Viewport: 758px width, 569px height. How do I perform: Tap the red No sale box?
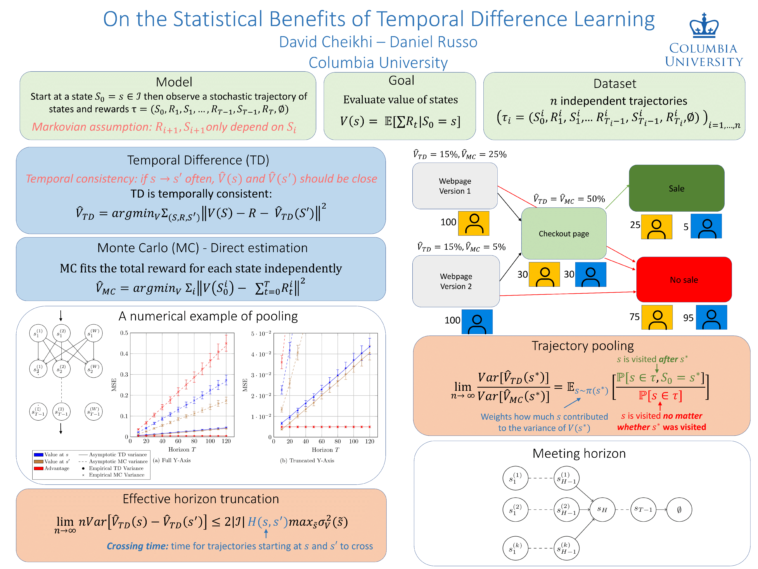tap(684, 280)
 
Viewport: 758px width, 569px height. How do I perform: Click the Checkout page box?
tap(564, 234)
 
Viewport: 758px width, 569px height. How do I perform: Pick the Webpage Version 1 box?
tap(455, 186)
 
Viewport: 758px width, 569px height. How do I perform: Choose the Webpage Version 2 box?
tap(456, 281)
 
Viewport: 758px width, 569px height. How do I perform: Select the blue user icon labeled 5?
tap(706, 226)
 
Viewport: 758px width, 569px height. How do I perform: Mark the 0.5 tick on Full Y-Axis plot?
tap(124, 333)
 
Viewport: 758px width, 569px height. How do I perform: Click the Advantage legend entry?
tap(56, 468)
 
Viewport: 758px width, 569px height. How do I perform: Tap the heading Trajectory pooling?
tap(583, 346)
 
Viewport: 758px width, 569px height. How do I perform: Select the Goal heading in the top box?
tap(401, 81)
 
